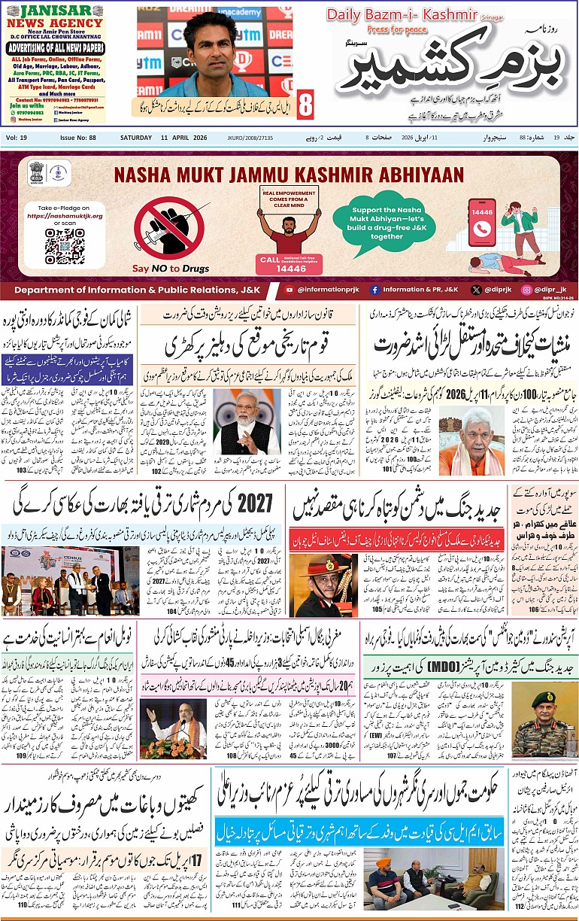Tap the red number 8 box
[305, 105]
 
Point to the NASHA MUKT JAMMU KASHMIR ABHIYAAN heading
[289, 175]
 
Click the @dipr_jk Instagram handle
[544, 289]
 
